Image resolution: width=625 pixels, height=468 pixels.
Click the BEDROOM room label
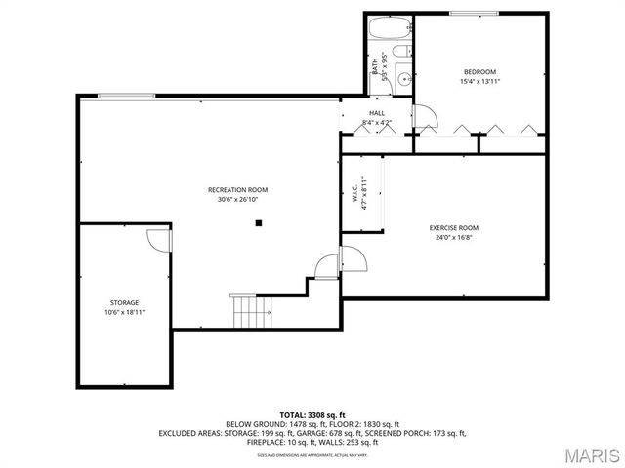click(479, 71)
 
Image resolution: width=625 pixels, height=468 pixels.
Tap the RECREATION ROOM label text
click(237, 189)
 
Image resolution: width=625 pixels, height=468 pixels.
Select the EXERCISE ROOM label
click(454, 227)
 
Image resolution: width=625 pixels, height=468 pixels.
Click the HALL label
click(376, 113)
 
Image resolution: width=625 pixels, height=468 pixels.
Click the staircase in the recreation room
click(251, 311)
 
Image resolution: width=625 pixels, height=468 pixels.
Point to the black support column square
click(259, 222)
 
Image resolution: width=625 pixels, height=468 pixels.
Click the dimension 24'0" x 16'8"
click(454, 237)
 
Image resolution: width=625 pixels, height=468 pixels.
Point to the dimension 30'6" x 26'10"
click(237, 200)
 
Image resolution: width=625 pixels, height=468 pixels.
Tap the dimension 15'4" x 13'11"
click(479, 81)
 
